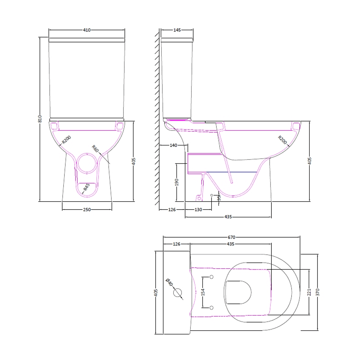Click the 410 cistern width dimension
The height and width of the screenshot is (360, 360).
(87, 30)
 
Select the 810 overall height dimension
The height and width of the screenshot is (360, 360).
(40, 119)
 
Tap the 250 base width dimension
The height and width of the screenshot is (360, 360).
(87, 210)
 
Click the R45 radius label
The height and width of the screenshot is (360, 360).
(86, 188)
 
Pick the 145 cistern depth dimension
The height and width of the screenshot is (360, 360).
(177, 30)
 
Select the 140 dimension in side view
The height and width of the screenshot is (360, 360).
(173, 145)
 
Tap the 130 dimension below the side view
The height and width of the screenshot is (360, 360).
(198, 210)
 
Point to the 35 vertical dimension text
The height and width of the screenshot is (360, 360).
(219, 198)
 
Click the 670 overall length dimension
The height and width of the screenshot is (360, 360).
(231, 237)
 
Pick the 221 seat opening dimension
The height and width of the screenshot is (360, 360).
(309, 292)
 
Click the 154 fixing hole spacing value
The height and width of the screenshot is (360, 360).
(203, 292)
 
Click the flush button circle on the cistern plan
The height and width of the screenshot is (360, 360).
(177, 293)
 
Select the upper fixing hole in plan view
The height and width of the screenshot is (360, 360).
(211, 277)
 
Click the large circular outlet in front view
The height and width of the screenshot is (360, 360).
(86, 163)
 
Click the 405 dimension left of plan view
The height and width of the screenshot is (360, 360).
(156, 292)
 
